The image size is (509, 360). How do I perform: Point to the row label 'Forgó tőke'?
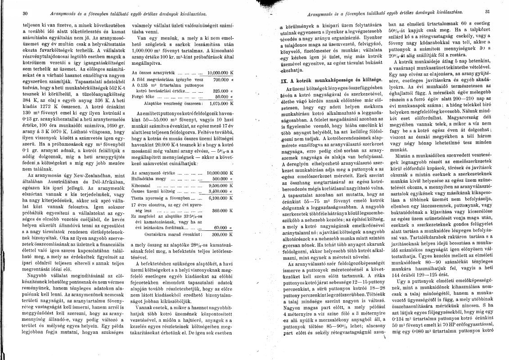coord(142,96)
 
